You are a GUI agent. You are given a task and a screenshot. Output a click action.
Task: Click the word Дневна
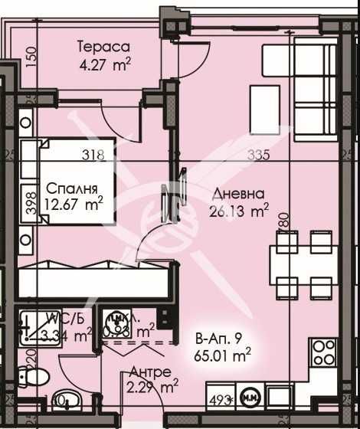click(x=241, y=194)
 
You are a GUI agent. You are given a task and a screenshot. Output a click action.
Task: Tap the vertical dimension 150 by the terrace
click(x=31, y=57)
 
